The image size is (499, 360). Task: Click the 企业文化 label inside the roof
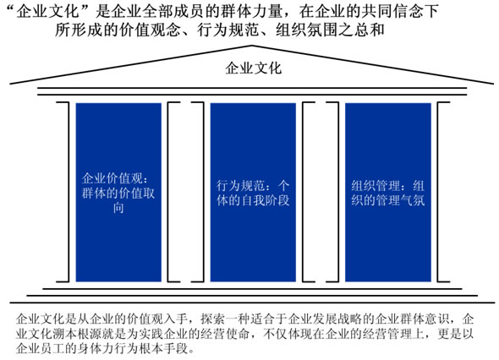click(254, 68)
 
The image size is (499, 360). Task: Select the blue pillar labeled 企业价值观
click(118, 192)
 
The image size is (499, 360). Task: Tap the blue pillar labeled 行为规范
click(253, 192)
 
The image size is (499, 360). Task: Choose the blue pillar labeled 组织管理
click(388, 192)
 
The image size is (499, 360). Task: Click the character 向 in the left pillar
click(118, 208)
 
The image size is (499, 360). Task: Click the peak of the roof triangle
click(252, 46)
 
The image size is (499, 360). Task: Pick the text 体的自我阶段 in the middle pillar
click(253, 200)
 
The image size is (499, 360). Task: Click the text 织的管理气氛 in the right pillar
click(388, 200)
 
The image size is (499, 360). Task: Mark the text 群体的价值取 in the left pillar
click(118, 193)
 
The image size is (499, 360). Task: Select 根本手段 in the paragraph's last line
click(163, 348)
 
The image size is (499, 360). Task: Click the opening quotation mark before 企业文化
click(11, 8)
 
